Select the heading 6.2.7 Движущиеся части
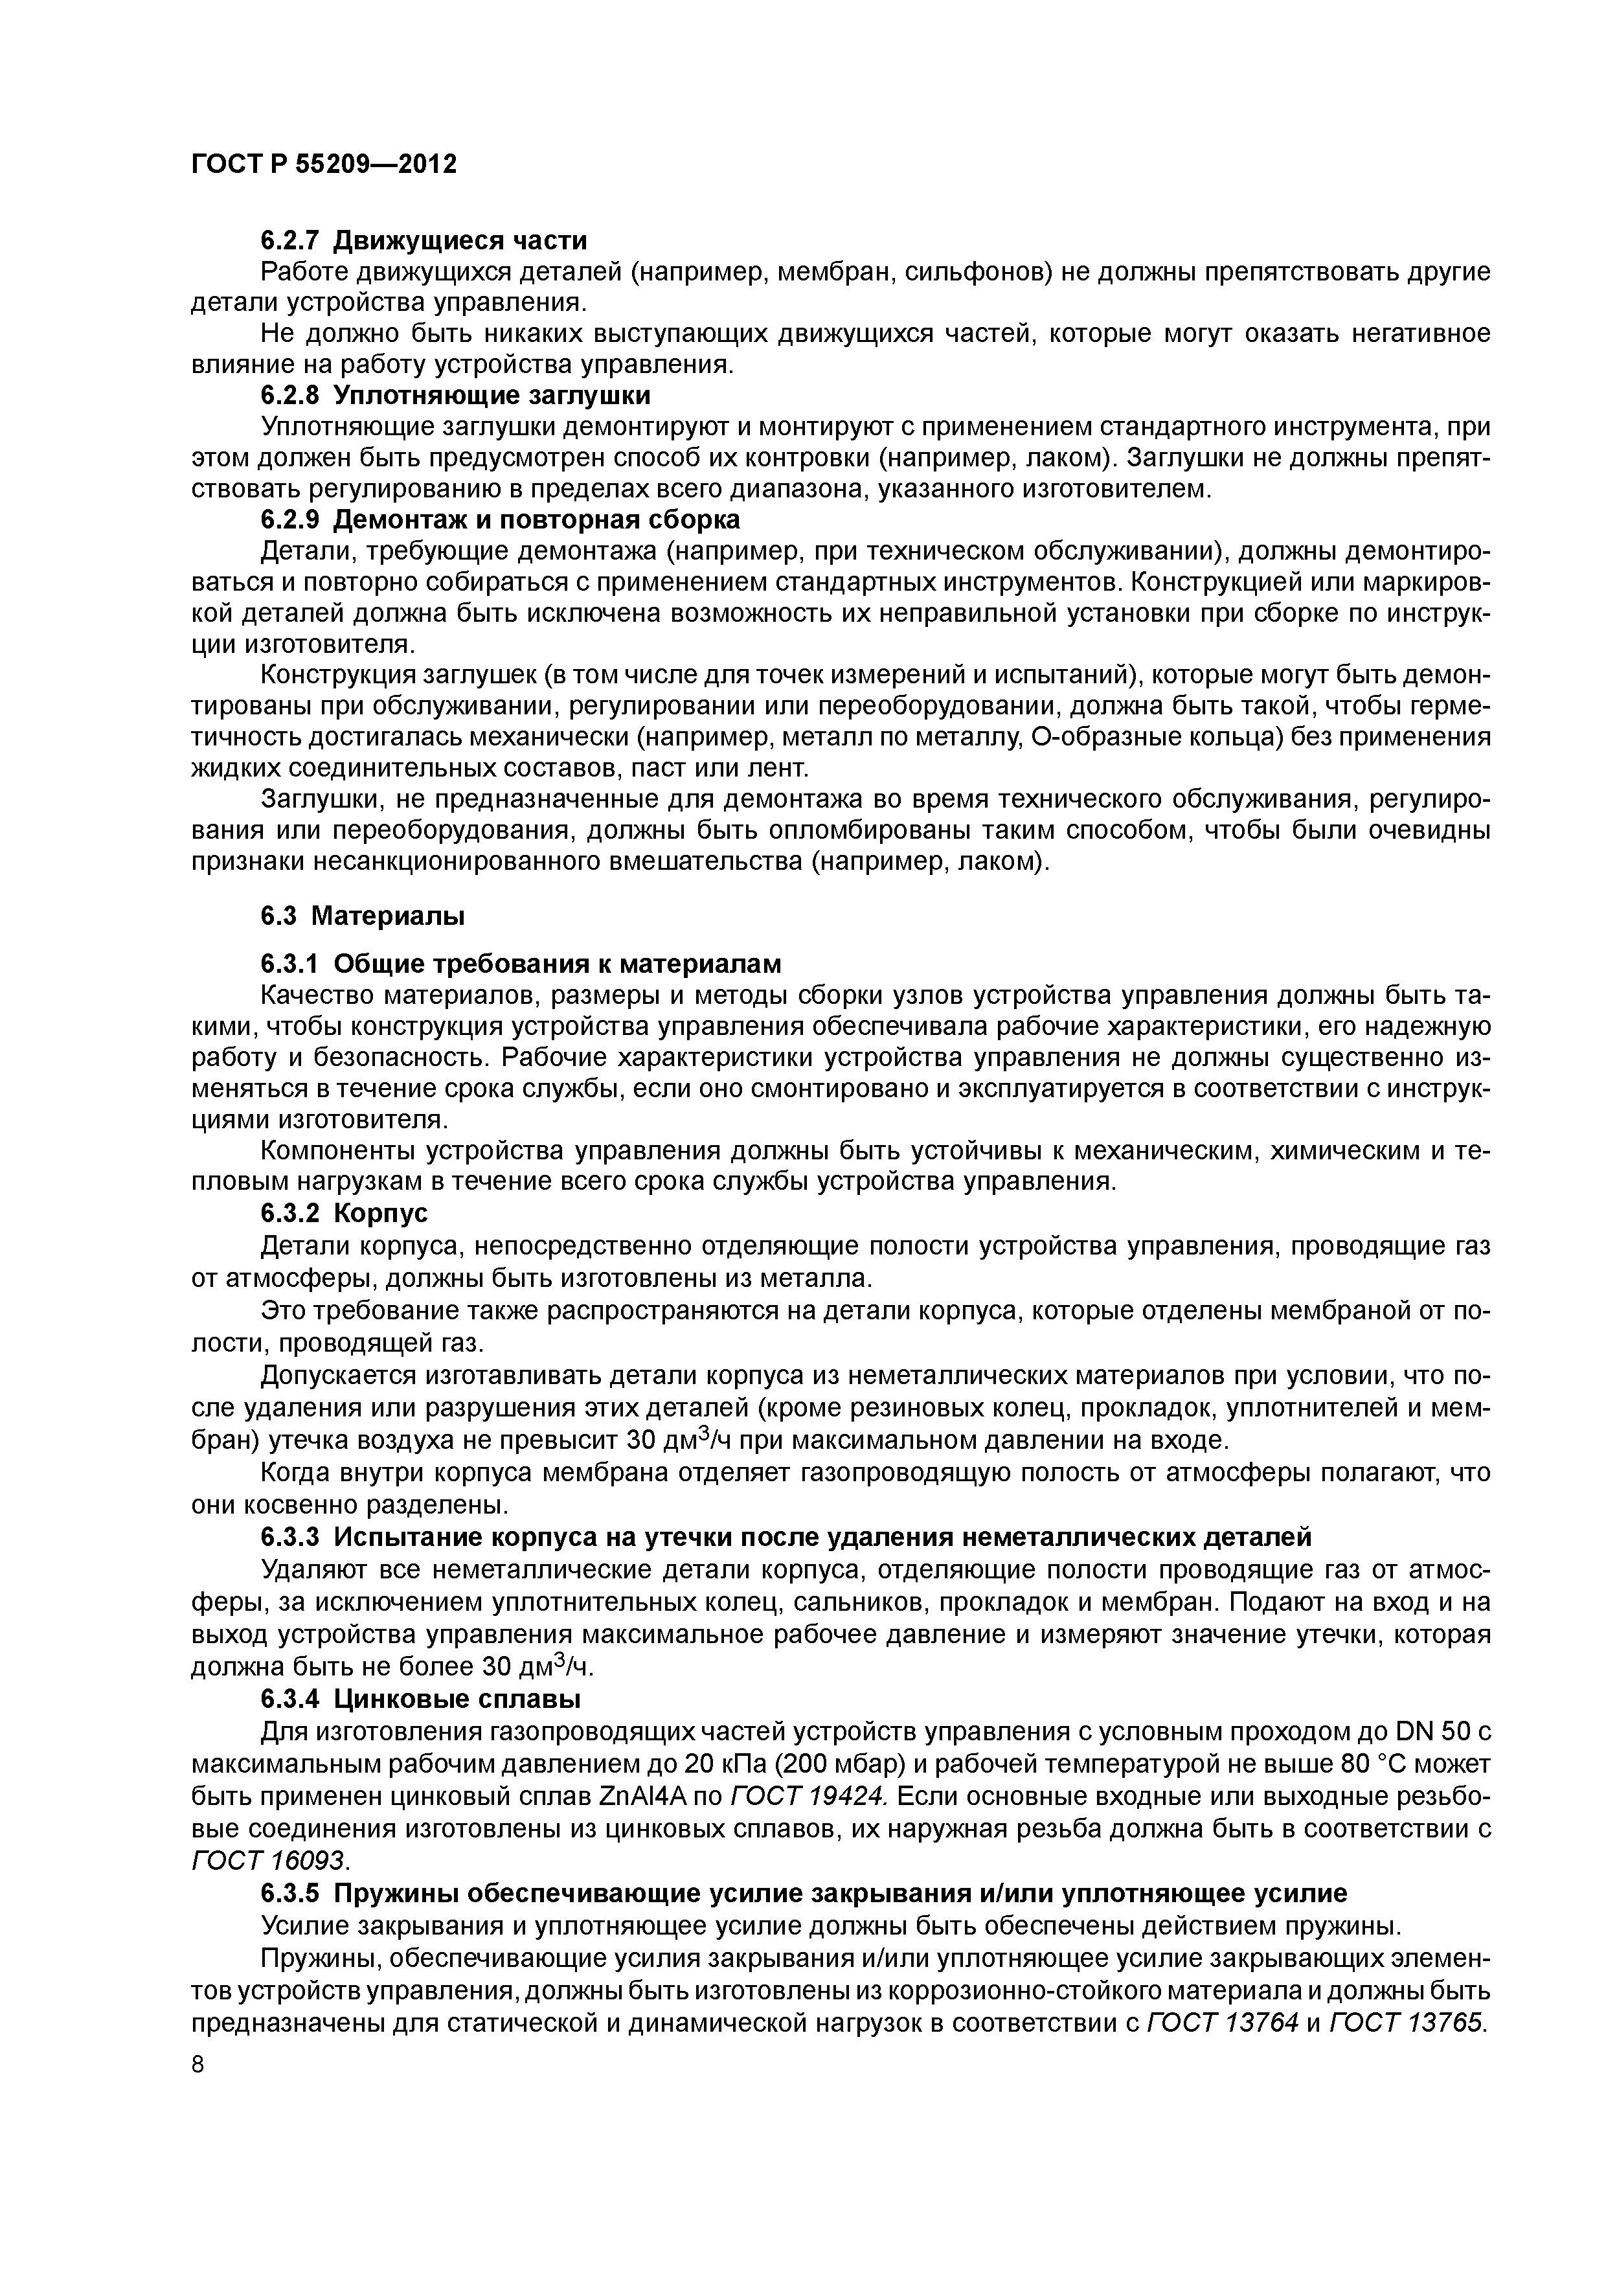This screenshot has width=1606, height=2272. coord(424,240)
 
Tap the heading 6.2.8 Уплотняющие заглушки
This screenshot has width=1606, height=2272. coord(455,396)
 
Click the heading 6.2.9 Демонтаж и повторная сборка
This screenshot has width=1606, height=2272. coord(500,519)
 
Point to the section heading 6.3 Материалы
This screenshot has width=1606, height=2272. coord(362,916)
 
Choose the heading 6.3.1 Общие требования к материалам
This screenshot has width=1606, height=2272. coord(521,964)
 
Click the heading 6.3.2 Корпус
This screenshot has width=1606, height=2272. coord(345,1213)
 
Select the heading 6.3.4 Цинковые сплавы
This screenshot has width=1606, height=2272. coord(420,1699)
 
